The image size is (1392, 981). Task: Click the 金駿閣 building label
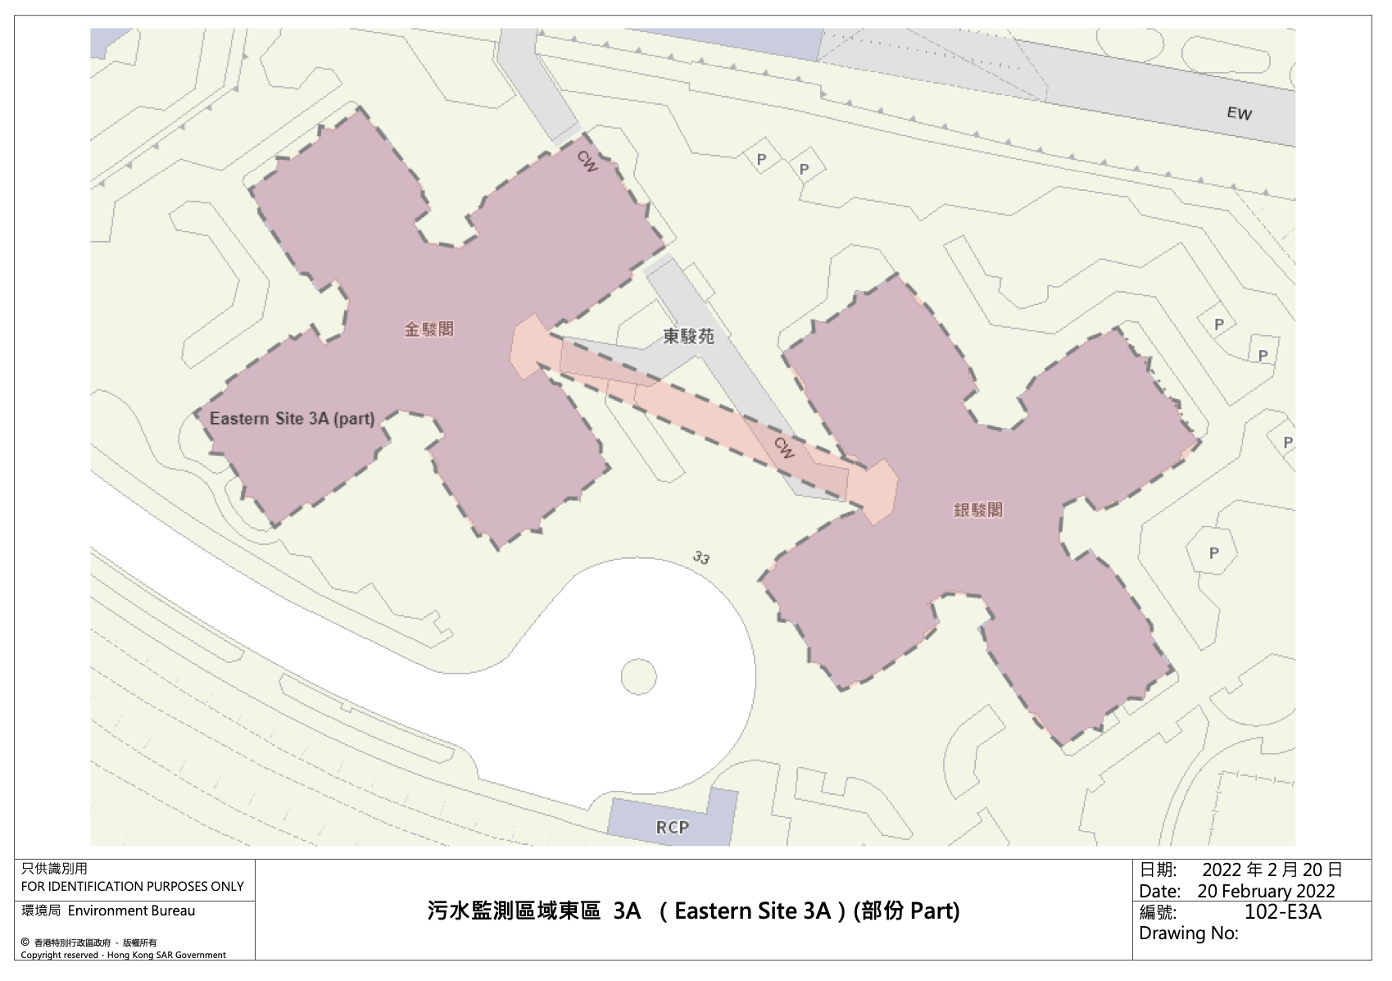click(x=428, y=329)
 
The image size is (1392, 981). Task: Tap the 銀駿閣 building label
click(x=977, y=510)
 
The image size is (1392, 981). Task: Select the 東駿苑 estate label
click(x=688, y=336)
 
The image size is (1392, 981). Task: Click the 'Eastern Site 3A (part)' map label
click(x=292, y=419)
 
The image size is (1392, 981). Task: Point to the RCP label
click(x=672, y=827)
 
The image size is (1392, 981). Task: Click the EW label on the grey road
click(x=1239, y=113)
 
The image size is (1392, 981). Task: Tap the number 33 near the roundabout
click(x=701, y=558)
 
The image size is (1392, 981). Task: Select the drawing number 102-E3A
click(x=1282, y=912)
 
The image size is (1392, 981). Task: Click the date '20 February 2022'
click(x=1266, y=891)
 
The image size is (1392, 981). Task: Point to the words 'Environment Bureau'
click(x=131, y=911)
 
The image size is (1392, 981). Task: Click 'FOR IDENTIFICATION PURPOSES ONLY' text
click(x=133, y=886)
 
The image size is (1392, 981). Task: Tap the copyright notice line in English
click(x=123, y=955)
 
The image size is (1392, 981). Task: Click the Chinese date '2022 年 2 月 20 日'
click(x=1272, y=870)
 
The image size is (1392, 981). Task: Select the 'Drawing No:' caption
click(x=1188, y=933)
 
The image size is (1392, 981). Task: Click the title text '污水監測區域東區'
click(x=514, y=911)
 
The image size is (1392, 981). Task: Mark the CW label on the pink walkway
click(x=784, y=447)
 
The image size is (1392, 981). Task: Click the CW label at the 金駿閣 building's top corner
click(x=587, y=161)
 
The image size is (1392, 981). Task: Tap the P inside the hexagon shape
click(x=1213, y=553)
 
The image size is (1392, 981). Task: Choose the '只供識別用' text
click(x=54, y=869)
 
